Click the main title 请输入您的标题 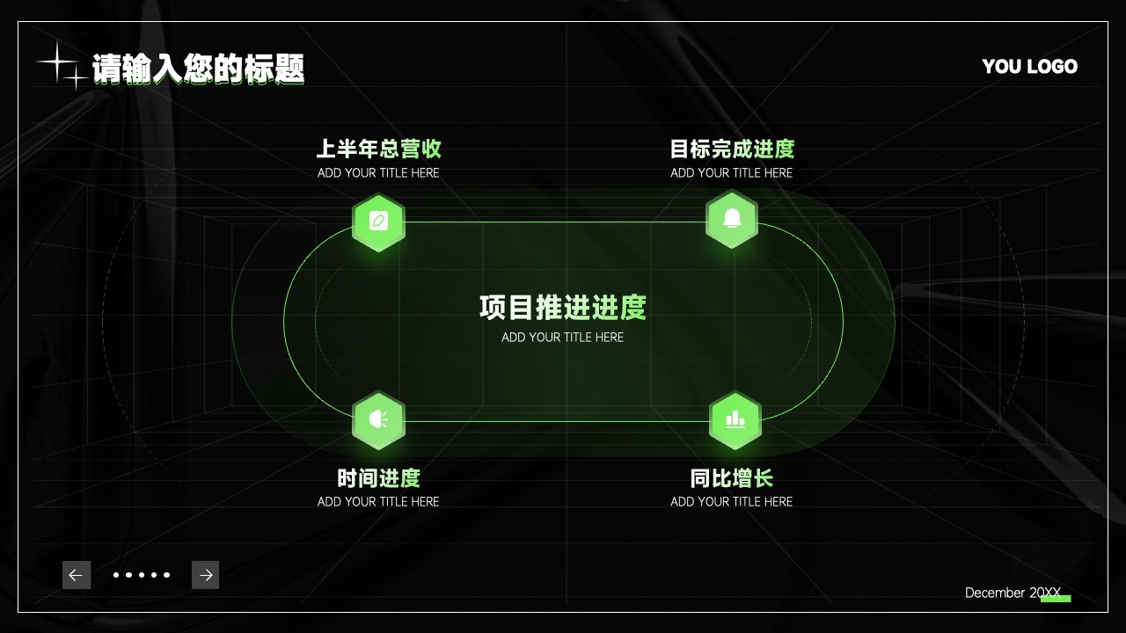[x=198, y=69]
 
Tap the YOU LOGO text [x=1029, y=66]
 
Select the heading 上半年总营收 [x=379, y=149]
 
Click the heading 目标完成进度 [x=732, y=149]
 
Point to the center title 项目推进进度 [x=563, y=308]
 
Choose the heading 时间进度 [x=379, y=477]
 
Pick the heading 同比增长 [x=732, y=477]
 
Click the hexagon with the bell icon [x=732, y=219]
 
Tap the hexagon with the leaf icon [x=378, y=222]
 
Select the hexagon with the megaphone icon [x=378, y=420]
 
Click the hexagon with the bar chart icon [x=735, y=420]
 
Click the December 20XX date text [x=1013, y=593]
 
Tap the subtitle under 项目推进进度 [x=562, y=337]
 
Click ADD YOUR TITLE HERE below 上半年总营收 [x=378, y=173]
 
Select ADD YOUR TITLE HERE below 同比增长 [x=731, y=501]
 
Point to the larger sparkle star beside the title [x=57, y=62]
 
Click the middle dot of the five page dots [x=142, y=575]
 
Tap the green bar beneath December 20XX [x=1056, y=599]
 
